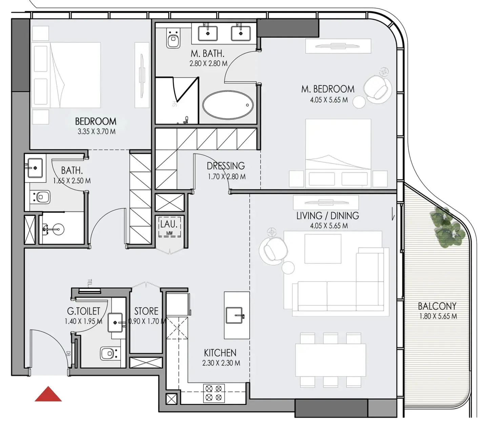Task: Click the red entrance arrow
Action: [x=48, y=395]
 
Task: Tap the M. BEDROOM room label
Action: [x=328, y=89]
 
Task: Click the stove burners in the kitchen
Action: [x=214, y=393]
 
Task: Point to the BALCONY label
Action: [x=437, y=306]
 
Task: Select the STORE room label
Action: [x=146, y=311]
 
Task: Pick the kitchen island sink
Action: [x=235, y=316]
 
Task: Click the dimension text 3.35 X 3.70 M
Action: [x=97, y=132]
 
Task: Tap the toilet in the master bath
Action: [x=173, y=39]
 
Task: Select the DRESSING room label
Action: [x=226, y=166]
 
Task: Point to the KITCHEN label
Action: [x=220, y=353]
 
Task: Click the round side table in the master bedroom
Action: [x=359, y=102]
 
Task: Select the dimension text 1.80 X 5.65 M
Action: [x=438, y=316]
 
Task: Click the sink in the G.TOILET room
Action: [x=115, y=322]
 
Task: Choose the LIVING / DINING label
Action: [x=328, y=216]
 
